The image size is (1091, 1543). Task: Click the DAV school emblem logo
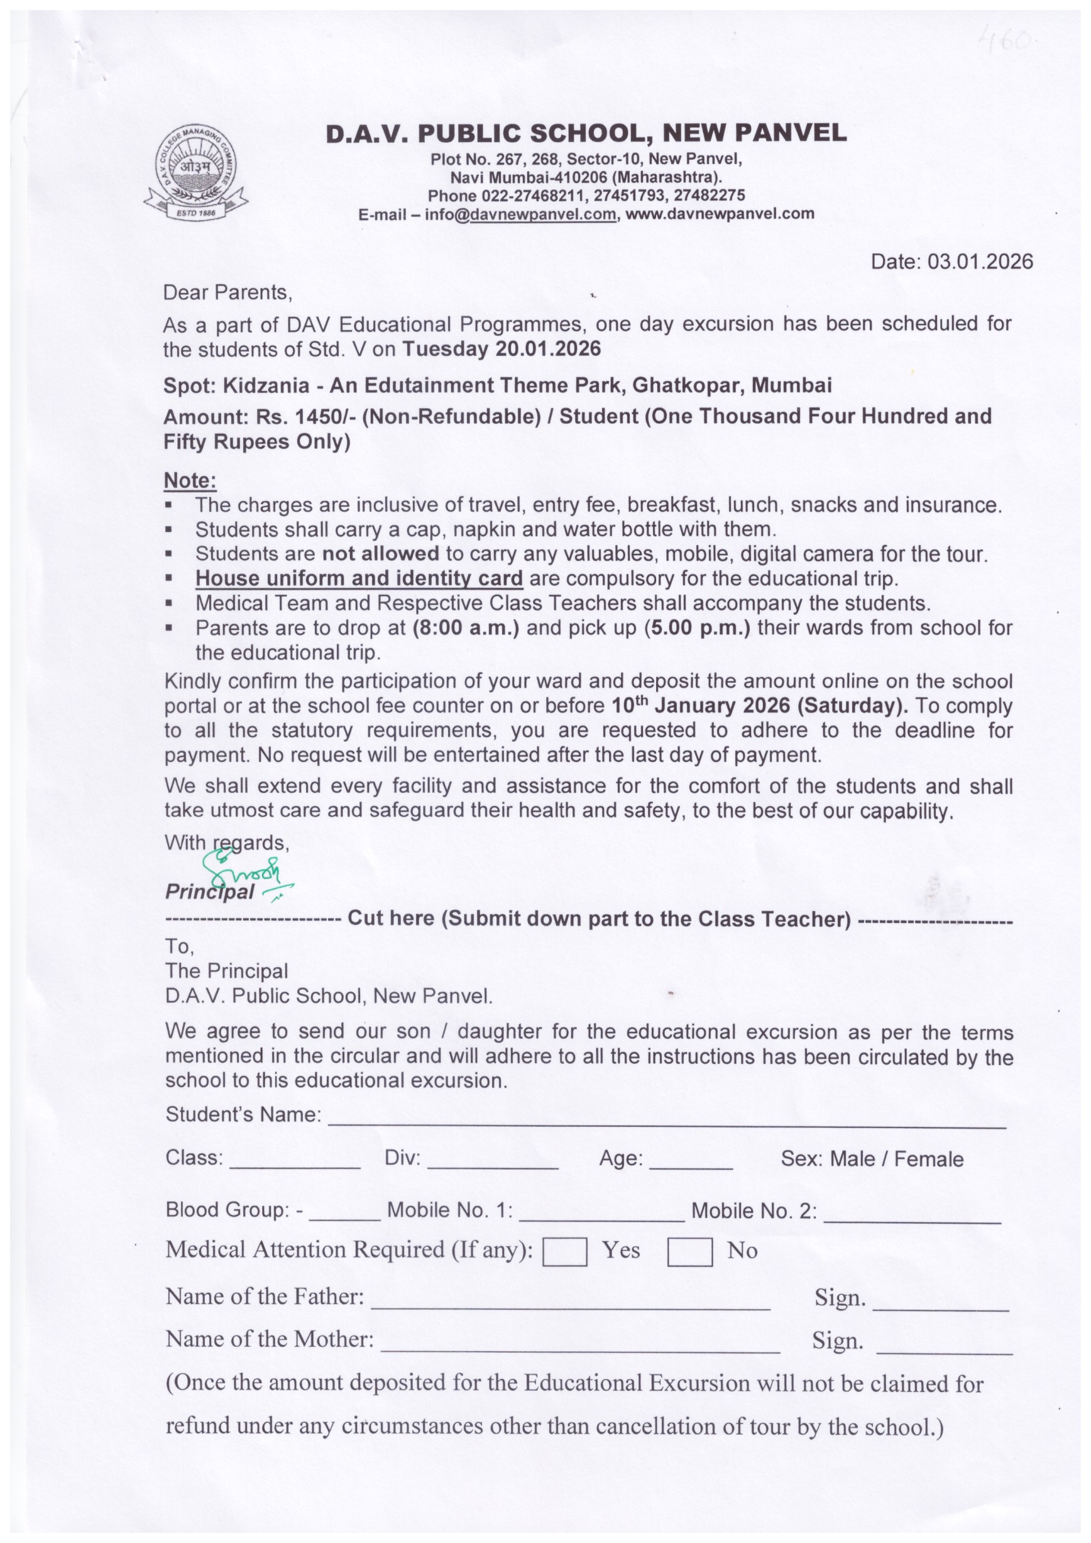point(195,172)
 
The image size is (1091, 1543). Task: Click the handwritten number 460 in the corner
point(1005,41)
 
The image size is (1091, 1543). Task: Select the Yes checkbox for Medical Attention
point(564,1252)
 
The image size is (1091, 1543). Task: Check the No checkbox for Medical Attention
point(689,1252)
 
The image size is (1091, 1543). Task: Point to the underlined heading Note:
point(190,480)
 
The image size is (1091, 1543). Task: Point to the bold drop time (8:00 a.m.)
point(466,628)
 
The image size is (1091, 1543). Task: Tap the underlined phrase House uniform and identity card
point(359,578)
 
